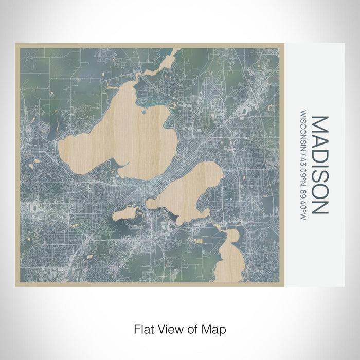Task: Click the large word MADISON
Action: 320,165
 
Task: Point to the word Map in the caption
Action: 215,328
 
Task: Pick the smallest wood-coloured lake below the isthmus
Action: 126,213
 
